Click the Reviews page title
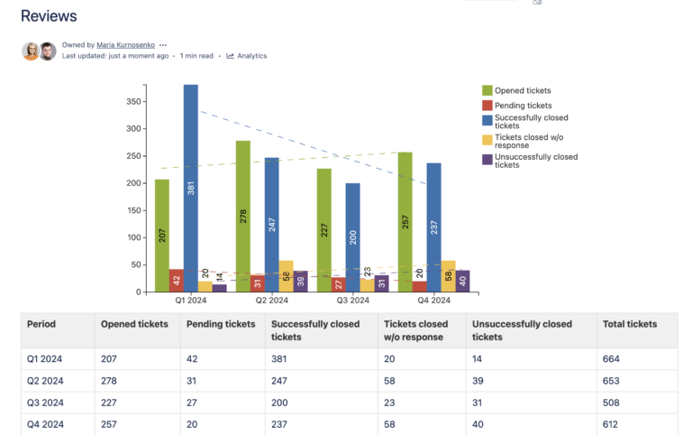point(49,16)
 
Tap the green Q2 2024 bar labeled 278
point(243,217)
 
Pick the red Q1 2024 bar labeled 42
point(177,281)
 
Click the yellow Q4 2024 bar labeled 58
point(449,276)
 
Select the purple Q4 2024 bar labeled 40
point(463,281)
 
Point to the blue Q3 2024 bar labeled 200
point(353,237)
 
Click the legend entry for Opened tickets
point(523,90)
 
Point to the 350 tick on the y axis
point(132,101)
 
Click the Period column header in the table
point(41,324)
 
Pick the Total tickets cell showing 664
point(611,358)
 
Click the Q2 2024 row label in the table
point(45,381)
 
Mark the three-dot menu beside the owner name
point(163,44)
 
